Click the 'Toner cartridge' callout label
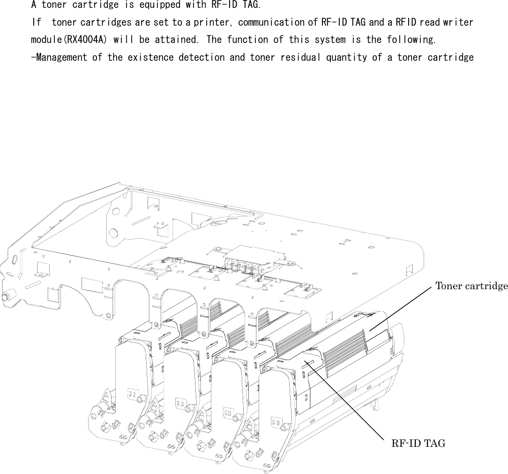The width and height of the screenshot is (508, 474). (x=471, y=286)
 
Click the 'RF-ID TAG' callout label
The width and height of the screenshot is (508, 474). (x=418, y=443)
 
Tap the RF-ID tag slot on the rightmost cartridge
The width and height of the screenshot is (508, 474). (x=308, y=363)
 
